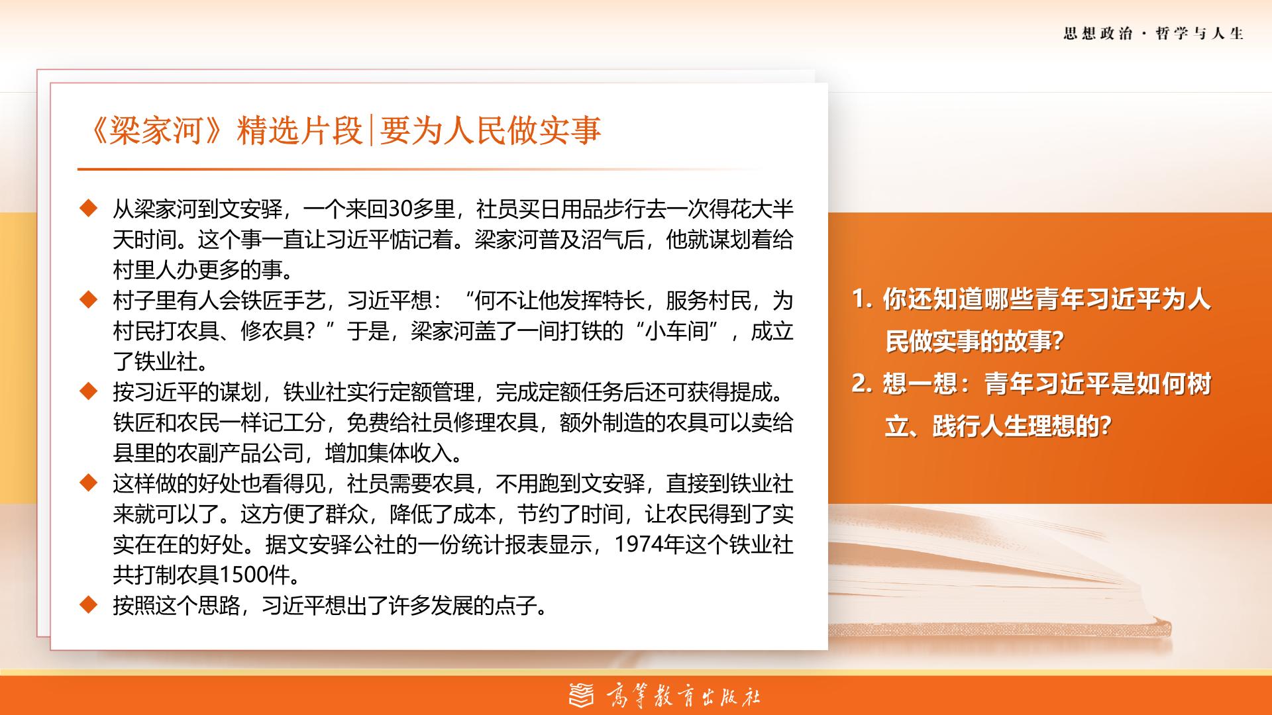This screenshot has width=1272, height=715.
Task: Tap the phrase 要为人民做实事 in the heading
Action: point(491,130)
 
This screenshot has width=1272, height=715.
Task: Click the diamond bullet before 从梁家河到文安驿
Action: point(88,209)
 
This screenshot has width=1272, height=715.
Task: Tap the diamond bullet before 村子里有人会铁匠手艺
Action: point(88,301)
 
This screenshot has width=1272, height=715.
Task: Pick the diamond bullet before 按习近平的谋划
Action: point(88,392)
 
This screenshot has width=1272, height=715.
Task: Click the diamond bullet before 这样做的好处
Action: point(88,483)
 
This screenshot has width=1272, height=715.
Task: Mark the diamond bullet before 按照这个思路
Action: point(88,605)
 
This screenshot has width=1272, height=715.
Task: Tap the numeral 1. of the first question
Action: point(862,300)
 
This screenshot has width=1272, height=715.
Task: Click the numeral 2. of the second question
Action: point(862,384)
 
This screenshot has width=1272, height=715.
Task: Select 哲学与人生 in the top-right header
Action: point(1200,34)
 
